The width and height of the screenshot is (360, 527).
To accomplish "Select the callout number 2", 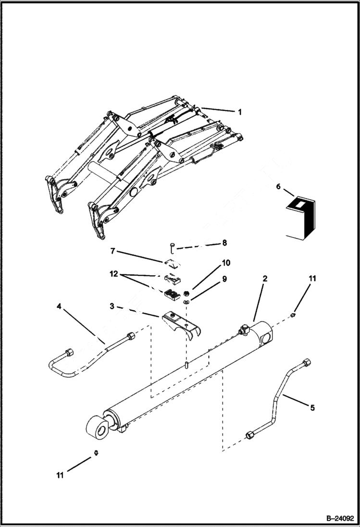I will tap(265, 279).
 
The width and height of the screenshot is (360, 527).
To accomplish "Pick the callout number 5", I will tap(312, 408).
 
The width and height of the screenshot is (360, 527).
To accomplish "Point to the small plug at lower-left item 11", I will tap(97, 453).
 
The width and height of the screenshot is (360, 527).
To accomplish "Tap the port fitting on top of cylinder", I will tap(244, 330).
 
